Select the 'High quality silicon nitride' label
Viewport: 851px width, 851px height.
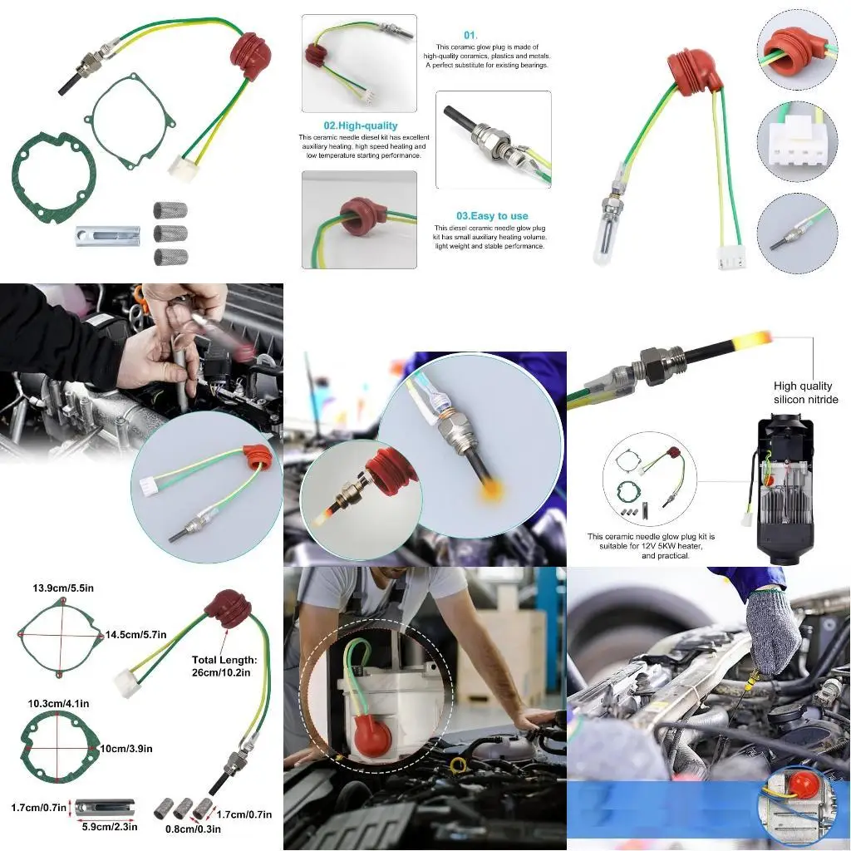click(805, 392)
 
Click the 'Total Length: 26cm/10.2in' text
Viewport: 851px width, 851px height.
click(224, 666)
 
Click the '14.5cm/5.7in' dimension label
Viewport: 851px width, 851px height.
click(136, 635)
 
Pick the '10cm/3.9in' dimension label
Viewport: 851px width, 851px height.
click(125, 748)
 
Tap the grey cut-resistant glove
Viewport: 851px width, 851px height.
click(772, 631)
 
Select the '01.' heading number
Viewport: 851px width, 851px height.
click(470, 35)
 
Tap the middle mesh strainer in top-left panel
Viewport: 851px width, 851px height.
click(170, 234)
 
